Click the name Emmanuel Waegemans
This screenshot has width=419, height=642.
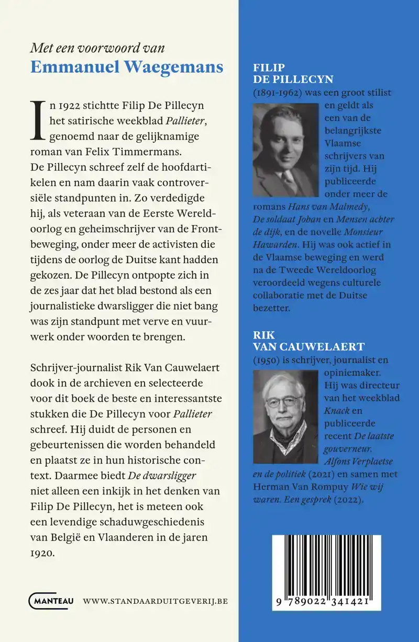(127, 67)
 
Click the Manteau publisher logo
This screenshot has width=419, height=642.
(51, 601)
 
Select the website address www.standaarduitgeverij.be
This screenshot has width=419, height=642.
(156, 602)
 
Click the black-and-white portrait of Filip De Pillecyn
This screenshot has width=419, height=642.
(285, 150)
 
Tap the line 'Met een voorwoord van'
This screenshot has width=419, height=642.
(97, 48)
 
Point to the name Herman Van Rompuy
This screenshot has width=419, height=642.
(292, 486)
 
